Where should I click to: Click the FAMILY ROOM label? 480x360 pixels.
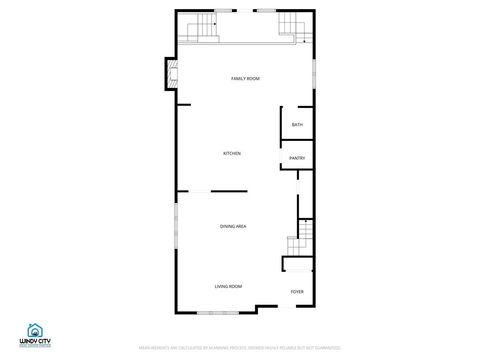click(245, 78)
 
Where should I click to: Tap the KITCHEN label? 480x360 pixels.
click(232, 153)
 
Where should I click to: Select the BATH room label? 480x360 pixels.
click(297, 125)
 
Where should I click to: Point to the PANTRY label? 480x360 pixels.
click(297, 158)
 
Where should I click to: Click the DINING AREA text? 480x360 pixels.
click(233, 227)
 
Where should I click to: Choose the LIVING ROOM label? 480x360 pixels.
click(228, 287)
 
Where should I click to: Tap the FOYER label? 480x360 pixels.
click(297, 292)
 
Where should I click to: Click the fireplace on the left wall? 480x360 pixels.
click(172, 73)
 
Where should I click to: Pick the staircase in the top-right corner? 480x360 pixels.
click(290, 27)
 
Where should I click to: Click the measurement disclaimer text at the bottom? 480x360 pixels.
click(239, 347)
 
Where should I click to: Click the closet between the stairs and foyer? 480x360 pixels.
click(297, 264)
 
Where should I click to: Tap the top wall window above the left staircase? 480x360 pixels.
click(219, 11)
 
